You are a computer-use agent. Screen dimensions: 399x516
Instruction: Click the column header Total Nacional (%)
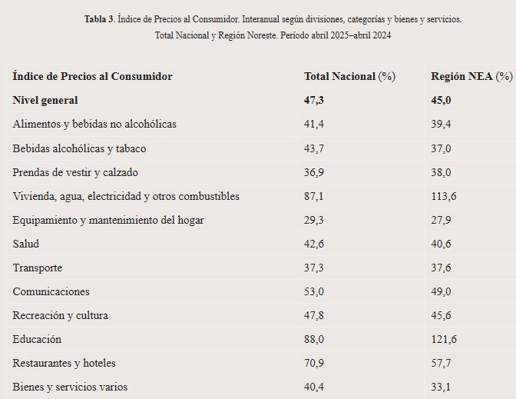click(x=349, y=76)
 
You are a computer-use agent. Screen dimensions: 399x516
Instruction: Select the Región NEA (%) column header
click(x=471, y=76)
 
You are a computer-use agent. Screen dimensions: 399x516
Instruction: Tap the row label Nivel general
click(x=45, y=100)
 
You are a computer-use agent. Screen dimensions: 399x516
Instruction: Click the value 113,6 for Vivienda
click(x=444, y=196)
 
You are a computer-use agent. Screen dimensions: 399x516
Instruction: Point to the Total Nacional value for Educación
click(x=315, y=339)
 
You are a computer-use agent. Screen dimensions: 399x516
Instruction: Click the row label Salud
click(x=26, y=244)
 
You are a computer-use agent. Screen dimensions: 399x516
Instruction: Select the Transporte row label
click(x=38, y=268)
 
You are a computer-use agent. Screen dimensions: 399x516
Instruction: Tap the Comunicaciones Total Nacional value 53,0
click(x=315, y=291)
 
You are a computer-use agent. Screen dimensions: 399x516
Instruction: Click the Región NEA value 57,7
click(x=442, y=363)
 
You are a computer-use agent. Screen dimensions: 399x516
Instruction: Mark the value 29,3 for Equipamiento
click(x=315, y=220)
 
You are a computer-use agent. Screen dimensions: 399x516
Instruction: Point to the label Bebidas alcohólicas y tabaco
click(x=79, y=148)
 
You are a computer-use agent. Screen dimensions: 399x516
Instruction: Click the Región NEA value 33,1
click(x=442, y=387)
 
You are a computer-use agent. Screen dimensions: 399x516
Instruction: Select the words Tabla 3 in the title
click(x=98, y=18)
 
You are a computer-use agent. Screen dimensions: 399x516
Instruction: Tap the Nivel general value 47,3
click(x=315, y=100)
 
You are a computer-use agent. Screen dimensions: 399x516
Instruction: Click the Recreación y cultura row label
click(x=61, y=315)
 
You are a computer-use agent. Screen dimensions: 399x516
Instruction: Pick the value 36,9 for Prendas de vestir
click(x=315, y=171)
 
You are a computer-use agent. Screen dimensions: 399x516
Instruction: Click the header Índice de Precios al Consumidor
click(x=93, y=76)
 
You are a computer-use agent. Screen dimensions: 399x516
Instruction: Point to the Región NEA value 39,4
click(x=442, y=124)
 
